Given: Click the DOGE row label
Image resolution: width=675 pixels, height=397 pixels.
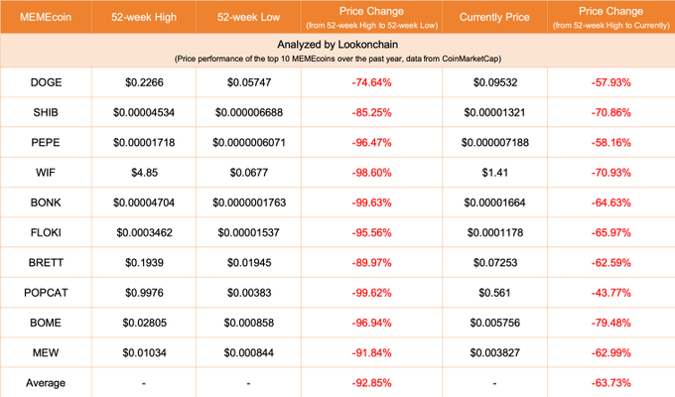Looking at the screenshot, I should coord(48,83).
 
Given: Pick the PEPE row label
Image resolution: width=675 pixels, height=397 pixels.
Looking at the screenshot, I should coord(48,144).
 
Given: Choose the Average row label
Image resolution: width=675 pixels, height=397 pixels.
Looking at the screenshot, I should coord(48,382).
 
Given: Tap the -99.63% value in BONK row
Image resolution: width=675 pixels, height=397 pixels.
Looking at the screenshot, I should coord(370,203).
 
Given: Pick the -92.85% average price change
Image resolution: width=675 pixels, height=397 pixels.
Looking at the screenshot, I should coord(370,382).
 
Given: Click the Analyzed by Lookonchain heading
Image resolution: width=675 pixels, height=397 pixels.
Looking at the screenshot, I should coord(337,46).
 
